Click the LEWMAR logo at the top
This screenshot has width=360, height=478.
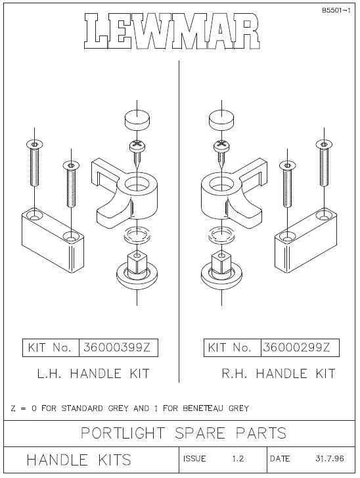click(172, 32)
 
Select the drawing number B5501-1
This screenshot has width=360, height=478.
click(336, 11)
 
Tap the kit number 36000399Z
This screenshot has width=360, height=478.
click(117, 348)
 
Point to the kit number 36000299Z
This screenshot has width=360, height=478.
click(296, 347)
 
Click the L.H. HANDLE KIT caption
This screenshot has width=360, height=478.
click(93, 373)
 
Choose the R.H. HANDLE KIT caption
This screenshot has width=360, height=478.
click(279, 373)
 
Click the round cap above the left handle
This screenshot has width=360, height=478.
click(137, 120)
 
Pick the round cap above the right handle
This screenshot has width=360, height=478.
click(221, 120)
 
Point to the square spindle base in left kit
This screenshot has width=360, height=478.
click(137, 270)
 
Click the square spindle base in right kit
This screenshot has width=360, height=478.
click(221, 270)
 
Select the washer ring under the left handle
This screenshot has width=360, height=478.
click(137, 235)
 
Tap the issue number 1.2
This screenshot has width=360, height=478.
click(238, 459)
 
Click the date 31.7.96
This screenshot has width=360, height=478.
click(330, 458)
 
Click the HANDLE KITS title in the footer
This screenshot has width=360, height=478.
click(79, 460)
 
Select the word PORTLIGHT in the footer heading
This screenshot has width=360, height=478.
click(123, 433)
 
